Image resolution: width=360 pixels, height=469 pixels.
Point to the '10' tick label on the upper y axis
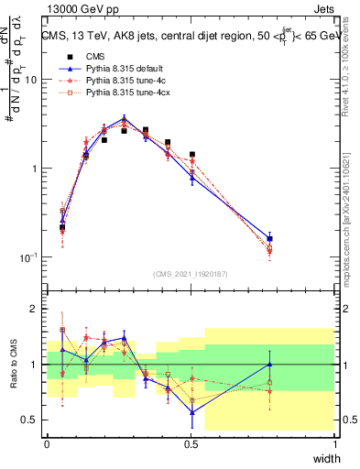(x=30, y=80)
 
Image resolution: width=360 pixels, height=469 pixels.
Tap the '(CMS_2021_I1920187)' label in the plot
(x=191, y=273)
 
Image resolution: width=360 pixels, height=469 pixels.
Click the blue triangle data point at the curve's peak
(x=125, y=118)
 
